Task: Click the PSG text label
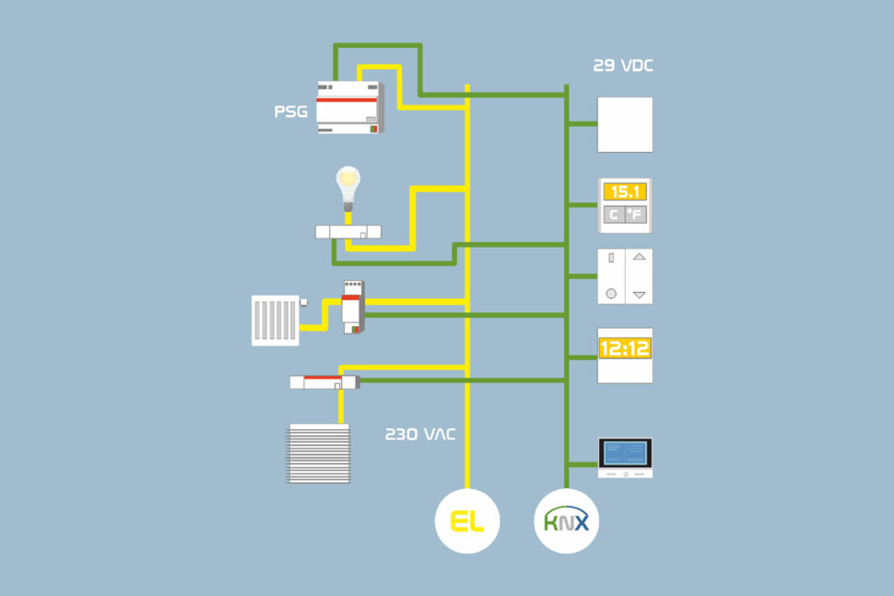coord(290,112)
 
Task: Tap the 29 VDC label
coord(624,66)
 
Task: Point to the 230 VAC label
coord(419,434)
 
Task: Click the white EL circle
coord(467,522)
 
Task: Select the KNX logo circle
coord(567,522)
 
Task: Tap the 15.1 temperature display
coord(625,192)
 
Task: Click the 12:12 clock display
coord(625,348)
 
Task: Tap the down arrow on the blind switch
coord(640,295)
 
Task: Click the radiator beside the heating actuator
coord(276,320)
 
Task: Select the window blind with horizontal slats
coord(319,453)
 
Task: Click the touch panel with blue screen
coord(625,456)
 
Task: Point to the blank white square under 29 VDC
coord(625,124)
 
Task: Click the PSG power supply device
coord(348,107)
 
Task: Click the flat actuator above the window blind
coord(323,381)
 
